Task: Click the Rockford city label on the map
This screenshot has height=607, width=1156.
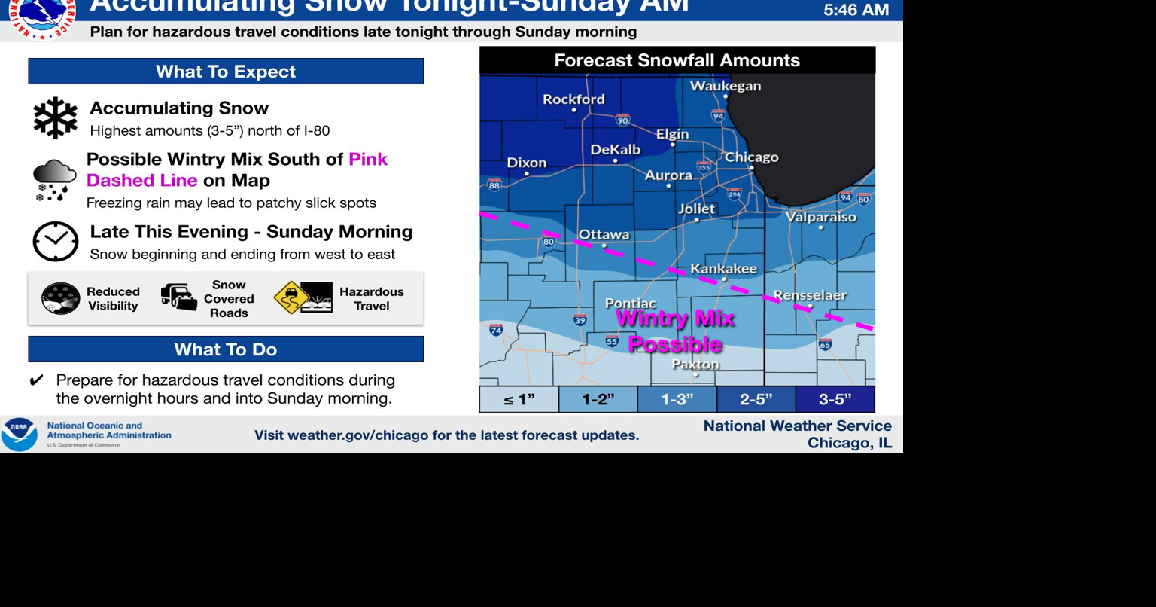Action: (573, 99)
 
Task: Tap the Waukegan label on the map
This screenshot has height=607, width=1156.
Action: (726, 86)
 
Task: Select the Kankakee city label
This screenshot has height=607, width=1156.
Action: (724, 269)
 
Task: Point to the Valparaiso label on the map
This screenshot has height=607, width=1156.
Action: (821, 217)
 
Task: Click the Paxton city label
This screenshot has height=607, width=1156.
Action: (695, 365)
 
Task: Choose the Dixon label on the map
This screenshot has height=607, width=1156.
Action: (527, 163)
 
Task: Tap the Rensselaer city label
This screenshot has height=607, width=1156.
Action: (811, 296)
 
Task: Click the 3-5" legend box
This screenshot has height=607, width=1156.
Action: (835, 399)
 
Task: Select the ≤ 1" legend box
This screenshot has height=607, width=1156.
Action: (519, 399)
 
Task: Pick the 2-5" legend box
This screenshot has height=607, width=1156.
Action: (756, 399)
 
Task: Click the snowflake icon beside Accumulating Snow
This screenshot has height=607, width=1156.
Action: (56, 117)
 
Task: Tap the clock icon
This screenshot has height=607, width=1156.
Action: (56, 242)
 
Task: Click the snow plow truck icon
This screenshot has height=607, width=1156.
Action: (179, 297)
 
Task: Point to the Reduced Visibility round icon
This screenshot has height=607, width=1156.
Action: (61, 298)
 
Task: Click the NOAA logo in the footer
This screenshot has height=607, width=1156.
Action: (20, 435)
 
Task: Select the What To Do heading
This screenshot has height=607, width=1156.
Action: (226, 349)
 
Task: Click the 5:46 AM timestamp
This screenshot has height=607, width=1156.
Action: (856, 10)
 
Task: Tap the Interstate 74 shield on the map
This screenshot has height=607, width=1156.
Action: (496, 330)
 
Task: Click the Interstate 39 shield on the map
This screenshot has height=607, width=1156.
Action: (580, 320)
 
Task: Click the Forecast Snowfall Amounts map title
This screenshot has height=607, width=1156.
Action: (677, 60)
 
